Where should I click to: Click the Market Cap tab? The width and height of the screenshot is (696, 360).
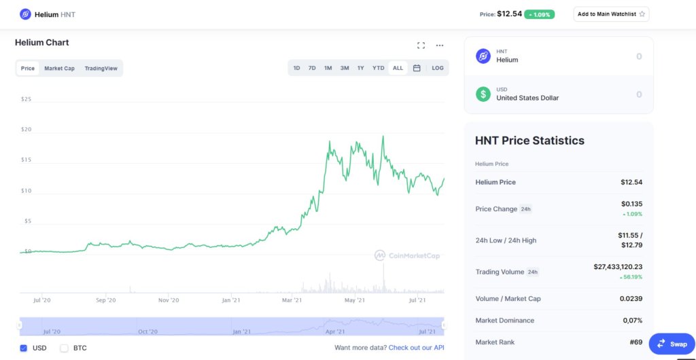pos(60,69)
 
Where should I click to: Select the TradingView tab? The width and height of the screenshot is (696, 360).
pos(101,69)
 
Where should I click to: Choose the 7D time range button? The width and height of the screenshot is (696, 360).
pos(312,69)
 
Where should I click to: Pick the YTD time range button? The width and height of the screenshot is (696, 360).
pos(378,69)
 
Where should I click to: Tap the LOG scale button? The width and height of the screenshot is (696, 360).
pos(438,69)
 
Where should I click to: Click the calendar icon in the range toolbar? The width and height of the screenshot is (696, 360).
pos(417,69)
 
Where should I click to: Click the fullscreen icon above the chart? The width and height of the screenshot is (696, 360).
pos(421,46)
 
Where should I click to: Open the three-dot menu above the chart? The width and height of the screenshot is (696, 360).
pos(440,46)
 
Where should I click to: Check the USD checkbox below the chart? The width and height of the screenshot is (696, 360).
pos(24,348)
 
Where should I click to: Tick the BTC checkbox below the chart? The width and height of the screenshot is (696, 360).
pos(65,348)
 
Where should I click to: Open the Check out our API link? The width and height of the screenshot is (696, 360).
pos(417,348)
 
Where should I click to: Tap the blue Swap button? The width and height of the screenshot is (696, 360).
pos(672,344)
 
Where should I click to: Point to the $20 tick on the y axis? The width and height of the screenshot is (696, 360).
pos(27,130)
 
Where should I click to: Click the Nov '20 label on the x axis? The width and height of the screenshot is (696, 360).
pos(169,300)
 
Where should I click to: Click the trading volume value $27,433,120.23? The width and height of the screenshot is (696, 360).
pos(618,267)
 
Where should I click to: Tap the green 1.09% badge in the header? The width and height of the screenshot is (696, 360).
pos(539,15)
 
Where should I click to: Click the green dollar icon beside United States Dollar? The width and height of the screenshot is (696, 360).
pos(483,94)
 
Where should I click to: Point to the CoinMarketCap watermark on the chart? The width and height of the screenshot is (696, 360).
pos(406,255)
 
